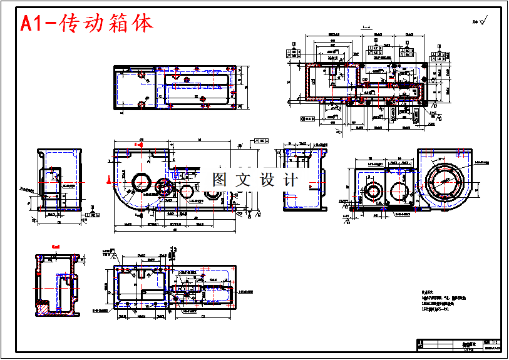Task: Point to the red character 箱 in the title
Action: [x=125, y=24]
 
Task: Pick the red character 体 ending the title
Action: [x=145, y=24]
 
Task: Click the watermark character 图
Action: [x=220, y=180]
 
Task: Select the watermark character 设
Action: [x=267, y=180]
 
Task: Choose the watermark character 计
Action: [x=290, y=180]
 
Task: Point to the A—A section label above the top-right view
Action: [x=366, y=28]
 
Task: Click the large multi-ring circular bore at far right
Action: [x=445, y=180]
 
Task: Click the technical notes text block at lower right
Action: [x=445, y=301]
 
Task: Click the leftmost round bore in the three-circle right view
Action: [x=374, y=192]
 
